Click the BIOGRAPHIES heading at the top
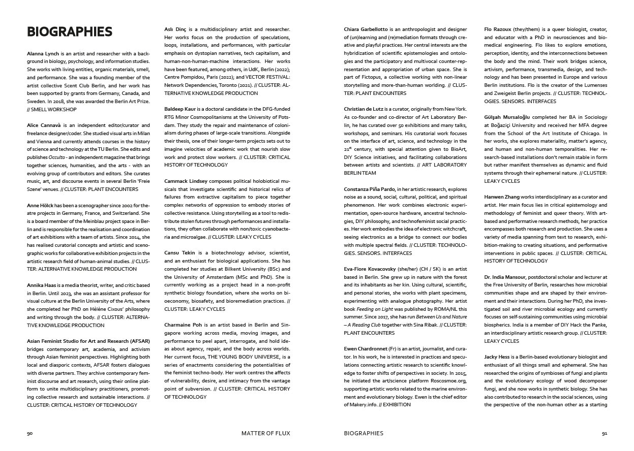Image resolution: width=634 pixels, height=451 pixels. click(70, 31)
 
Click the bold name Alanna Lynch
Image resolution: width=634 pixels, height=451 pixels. click(43, 53)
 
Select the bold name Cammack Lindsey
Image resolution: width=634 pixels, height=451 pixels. click(186, 181)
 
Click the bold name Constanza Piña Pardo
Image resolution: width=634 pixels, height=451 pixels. click(369, 189)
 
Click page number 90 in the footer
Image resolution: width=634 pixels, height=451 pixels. click(30, 433)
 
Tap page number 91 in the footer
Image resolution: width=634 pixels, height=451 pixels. click(604, 433)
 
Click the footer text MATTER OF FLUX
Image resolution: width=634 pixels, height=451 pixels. click(265, 433)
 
